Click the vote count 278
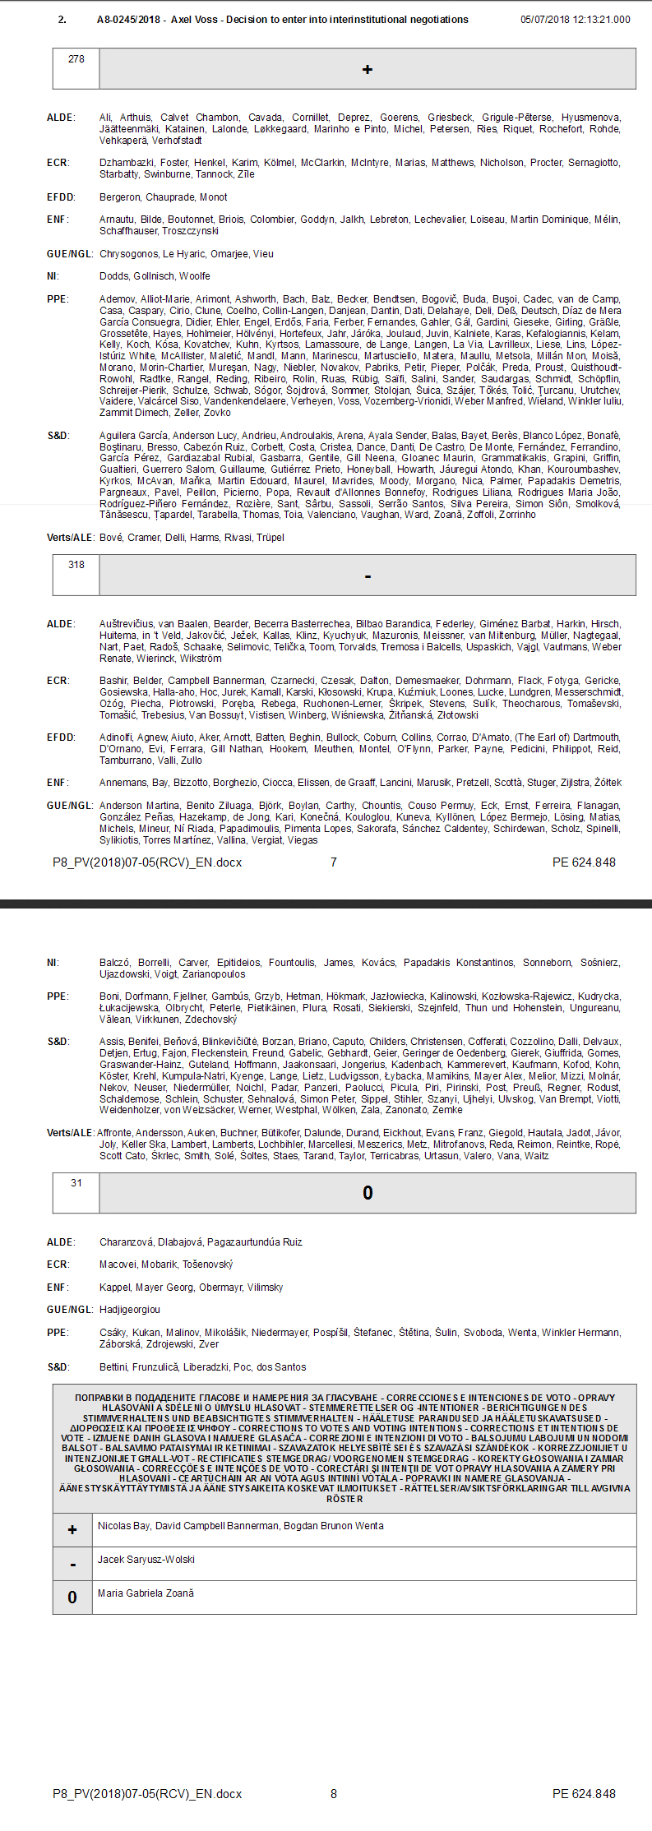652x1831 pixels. [x=76, y=59]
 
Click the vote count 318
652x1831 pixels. [x=76, y=565]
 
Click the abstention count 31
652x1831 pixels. [x=76, y=1183]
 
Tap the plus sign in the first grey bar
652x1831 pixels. [x=368, y=70]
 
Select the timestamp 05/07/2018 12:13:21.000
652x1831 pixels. [x=575, y=20]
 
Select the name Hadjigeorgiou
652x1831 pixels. [x=130, y=1310]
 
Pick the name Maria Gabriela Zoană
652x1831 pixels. [x=146, y=1593]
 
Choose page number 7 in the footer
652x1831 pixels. [x=333, y=862]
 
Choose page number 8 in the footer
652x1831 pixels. [x=333, y=1794]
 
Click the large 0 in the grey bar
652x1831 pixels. [x=368, y=1193]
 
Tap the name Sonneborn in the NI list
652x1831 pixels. [x=547, y=963]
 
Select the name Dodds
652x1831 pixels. [x=113, y=276]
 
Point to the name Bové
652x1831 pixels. [x=111, y=538]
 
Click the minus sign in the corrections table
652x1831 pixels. [x=73, y=1565]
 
